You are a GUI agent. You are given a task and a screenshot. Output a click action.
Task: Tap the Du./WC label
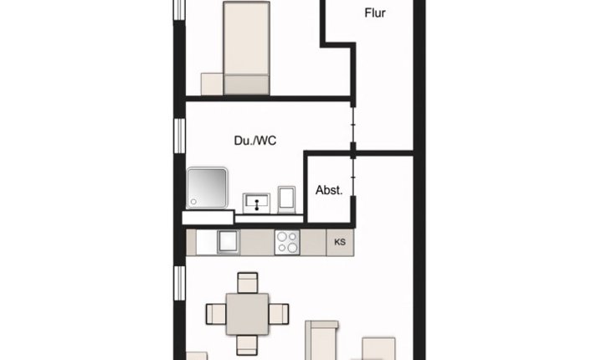click(255, 141)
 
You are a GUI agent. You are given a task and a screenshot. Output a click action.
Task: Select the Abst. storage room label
click(329, 190)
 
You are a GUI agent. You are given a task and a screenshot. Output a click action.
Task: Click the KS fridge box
click(340, 243)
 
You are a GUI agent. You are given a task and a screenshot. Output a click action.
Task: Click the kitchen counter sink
click(228, 242)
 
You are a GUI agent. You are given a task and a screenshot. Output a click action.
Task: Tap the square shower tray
click(206, 189)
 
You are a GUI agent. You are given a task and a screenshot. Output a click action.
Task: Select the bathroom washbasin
click(255, 202)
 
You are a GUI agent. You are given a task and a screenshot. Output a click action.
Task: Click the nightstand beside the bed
click(211, 84)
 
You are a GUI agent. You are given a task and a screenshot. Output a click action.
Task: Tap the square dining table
click(248, 314)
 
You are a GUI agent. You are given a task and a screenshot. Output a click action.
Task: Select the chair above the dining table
click(248, 282)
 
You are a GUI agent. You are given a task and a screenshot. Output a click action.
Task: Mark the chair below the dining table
click(248, 344)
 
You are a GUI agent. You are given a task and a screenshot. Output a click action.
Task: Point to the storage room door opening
click(354, 180)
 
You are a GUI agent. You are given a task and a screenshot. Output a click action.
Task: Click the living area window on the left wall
click(178, 285)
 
